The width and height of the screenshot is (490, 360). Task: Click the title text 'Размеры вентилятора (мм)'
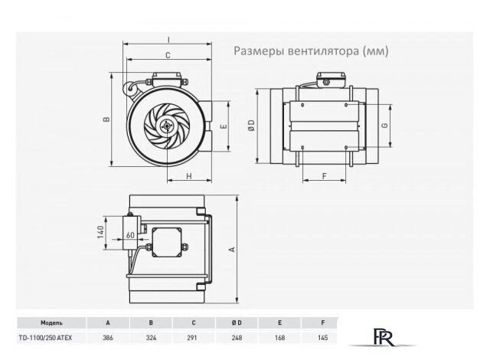311,52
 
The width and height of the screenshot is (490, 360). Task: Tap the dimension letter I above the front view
167,40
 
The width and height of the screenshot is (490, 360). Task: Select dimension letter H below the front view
188,176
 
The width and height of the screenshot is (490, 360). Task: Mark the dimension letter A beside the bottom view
232,250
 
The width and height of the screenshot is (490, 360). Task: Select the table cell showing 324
152,338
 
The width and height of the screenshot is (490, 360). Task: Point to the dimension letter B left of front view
108,119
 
